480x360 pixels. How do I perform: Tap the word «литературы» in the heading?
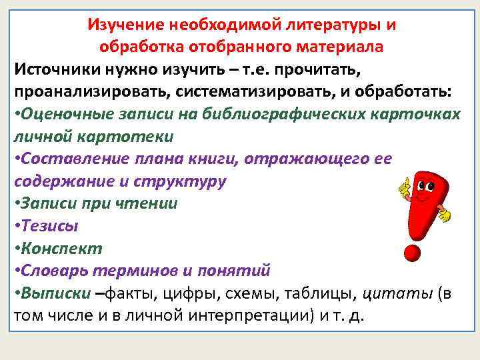340,25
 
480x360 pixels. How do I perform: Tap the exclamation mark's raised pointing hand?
404,187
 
